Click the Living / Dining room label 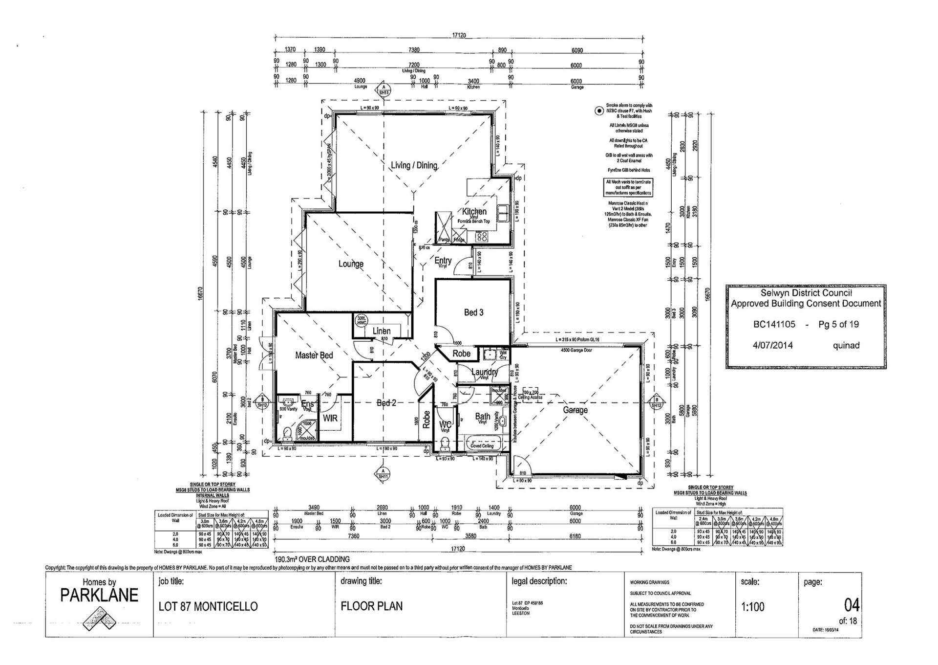(x=414, y=165)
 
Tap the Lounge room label (x=351, y=264)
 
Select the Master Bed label (x=314, y=355)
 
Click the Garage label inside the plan (x=575, y=410)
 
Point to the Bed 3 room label (x=473, y=312)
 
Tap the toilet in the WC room (x=445, y=444)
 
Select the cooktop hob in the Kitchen (x=482, y=237)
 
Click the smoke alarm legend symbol (x=598, y=111)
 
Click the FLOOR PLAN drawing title (x=372, y=606)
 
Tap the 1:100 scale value (x=752, y=607)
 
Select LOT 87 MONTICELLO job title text (x=208, y=607)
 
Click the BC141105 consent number (x=774, y=324)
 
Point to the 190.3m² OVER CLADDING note (x=312, y=559)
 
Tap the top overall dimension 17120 (x=459, y=35)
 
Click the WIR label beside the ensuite (x=330, y=419)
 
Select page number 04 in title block (x=851, y=605)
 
